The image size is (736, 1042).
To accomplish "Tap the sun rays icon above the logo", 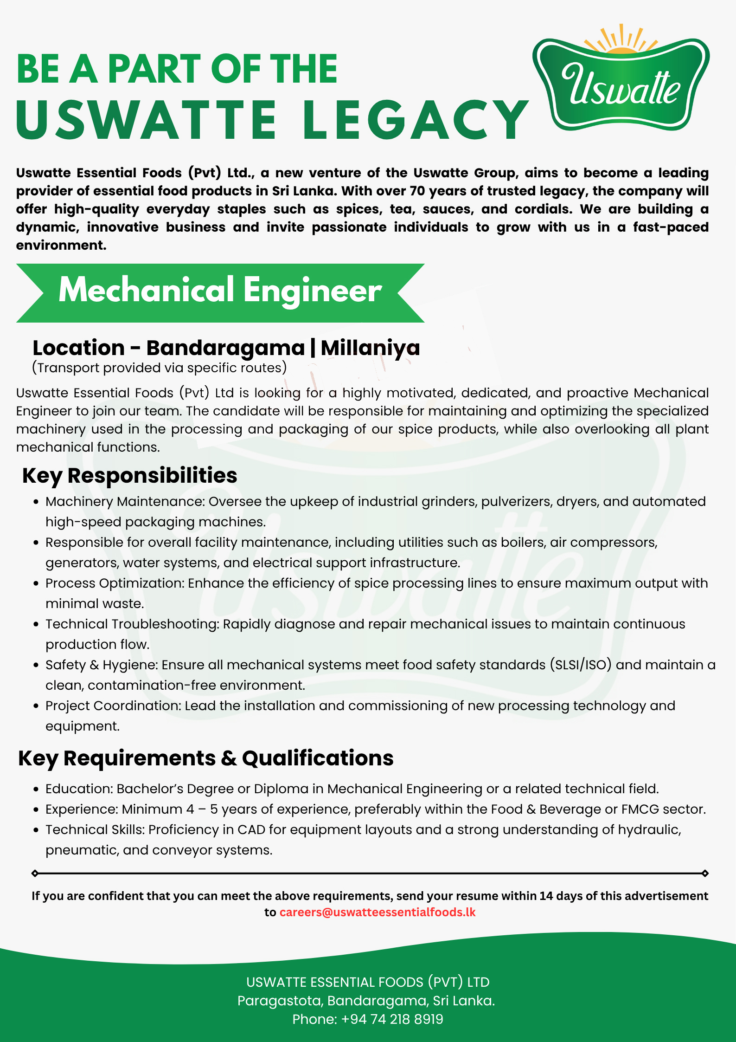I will click(x=621, y=39).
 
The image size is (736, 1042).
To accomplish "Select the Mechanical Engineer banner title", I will click(x=220, y=291).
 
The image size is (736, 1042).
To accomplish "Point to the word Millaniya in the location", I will click(x=370, y=348).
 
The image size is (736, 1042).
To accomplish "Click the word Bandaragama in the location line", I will click(x=225, y=348).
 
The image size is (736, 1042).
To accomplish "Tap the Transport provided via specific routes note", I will click(x=159, y=368).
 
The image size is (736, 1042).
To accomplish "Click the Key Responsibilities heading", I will click(x=129, y=476).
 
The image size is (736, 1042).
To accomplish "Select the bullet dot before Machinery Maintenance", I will click(x=36, y=502).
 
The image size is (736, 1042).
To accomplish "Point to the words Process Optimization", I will click(x=114, y=583).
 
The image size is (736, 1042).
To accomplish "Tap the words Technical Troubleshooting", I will click(x=132, y=624).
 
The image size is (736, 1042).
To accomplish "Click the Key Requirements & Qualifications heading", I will click(x=205, y=758).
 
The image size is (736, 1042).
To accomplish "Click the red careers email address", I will click(x=377, y=913).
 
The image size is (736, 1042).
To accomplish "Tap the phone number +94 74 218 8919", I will click(x=392, y=1019).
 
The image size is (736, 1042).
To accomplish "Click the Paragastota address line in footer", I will click(x=366, y=1001).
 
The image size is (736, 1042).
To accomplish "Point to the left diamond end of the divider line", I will click(x=35, y=874).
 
